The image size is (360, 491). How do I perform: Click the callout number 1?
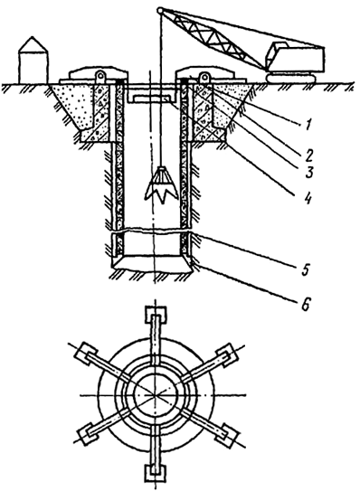(x=308, y=125)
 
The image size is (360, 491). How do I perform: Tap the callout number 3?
(x=309, y=172)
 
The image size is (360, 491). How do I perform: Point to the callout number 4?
(x=308, y=198)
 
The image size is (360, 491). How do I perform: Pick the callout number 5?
(x=306, y=269)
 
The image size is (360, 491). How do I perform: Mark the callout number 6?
(x=306, y=304)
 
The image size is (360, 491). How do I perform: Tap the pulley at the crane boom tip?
(x=160, y=10)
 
